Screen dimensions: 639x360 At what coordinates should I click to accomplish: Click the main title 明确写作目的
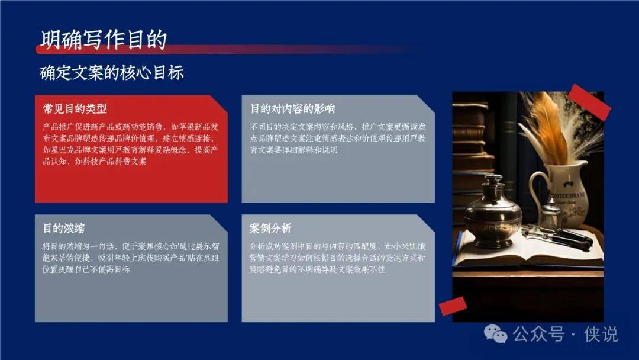104,40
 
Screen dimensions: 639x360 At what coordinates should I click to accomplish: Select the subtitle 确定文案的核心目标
112,73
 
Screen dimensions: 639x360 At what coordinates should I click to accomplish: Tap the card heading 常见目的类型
75,109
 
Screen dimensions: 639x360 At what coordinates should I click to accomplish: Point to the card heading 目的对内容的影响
293,109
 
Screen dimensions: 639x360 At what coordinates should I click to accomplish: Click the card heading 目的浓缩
64,229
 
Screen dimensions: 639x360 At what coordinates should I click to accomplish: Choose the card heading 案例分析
270,229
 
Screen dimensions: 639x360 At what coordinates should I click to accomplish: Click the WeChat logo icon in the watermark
496,334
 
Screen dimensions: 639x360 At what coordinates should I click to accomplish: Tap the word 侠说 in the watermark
601,335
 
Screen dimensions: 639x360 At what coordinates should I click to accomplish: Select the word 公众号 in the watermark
538,335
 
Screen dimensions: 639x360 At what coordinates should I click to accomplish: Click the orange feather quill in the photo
546,126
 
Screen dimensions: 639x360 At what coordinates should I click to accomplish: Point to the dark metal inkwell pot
493,208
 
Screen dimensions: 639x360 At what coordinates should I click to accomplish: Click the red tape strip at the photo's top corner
589,102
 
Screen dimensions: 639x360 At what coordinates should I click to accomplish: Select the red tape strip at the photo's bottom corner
453,306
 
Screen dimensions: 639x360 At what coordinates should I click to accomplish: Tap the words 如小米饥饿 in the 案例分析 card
405,246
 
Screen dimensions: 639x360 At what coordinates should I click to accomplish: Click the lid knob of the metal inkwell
493,179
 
